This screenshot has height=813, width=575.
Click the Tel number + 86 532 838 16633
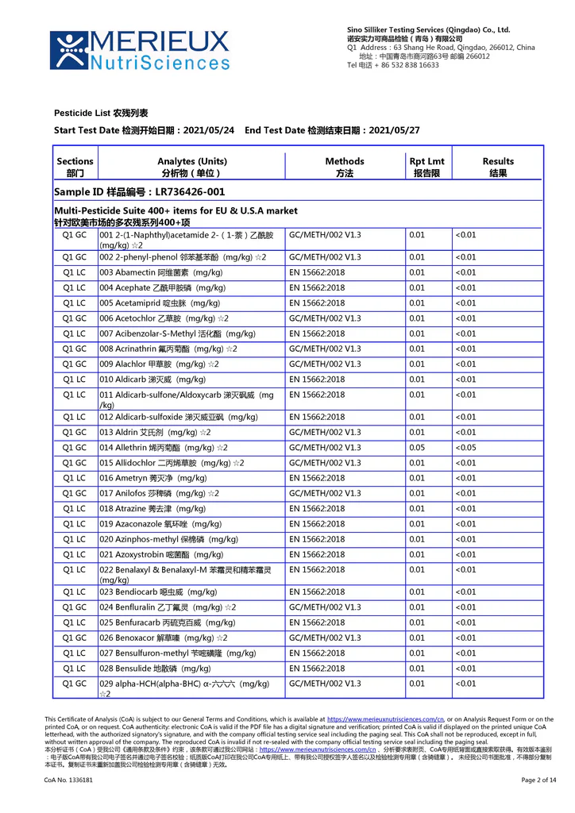pos(393,65)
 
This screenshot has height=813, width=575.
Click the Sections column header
pos(75,167)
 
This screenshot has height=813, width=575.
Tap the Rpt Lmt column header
pos(426,167)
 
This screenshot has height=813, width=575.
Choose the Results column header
pos(498,167)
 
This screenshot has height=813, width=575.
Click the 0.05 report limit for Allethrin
pos(417,448)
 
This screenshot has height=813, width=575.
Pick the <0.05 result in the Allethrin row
pos(466,448)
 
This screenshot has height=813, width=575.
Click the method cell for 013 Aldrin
pos(325,432)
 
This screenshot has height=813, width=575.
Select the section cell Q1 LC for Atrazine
pos(75,509)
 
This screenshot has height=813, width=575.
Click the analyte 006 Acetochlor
pos(164,318)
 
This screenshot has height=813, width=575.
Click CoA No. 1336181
pos(68,780)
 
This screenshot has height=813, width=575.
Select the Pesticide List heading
pos(101,114)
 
